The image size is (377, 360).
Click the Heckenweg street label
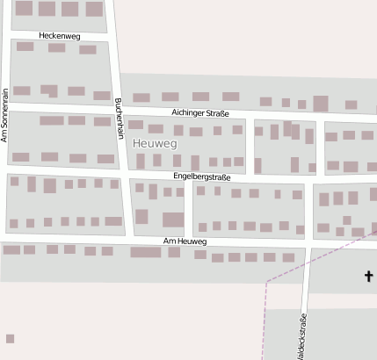[x=60, y=36]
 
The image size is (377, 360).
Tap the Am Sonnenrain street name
[x=4, y=115]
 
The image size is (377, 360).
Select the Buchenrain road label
[x=119, y=118]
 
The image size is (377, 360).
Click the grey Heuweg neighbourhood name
[x=155, y=142]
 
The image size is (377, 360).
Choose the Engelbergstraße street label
[x=202, y=176]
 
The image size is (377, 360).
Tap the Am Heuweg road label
[x=185, y=241]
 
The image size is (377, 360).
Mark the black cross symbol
[x=368, y=277]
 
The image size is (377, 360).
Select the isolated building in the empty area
[x=10, y=338]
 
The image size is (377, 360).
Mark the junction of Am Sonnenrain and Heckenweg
[x=7, y=36]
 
